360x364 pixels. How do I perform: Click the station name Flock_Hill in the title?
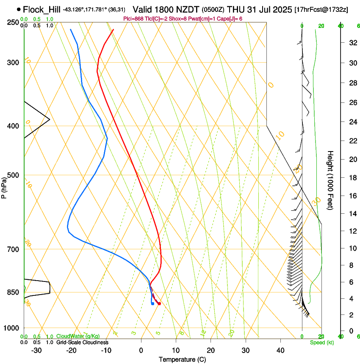point(42,9)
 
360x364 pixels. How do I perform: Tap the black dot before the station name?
point(19,9)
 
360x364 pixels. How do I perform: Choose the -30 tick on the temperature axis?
point(36,350)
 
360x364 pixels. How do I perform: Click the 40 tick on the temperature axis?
point(280,350)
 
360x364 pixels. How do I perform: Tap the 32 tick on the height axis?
point(352,43)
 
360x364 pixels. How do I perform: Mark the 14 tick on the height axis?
point(352,214)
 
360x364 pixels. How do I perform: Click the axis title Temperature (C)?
point(182,359)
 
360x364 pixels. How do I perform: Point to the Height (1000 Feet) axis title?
point(331,180)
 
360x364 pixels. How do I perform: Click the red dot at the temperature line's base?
point(159,303)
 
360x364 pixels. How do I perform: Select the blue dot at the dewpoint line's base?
point(152,303)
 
